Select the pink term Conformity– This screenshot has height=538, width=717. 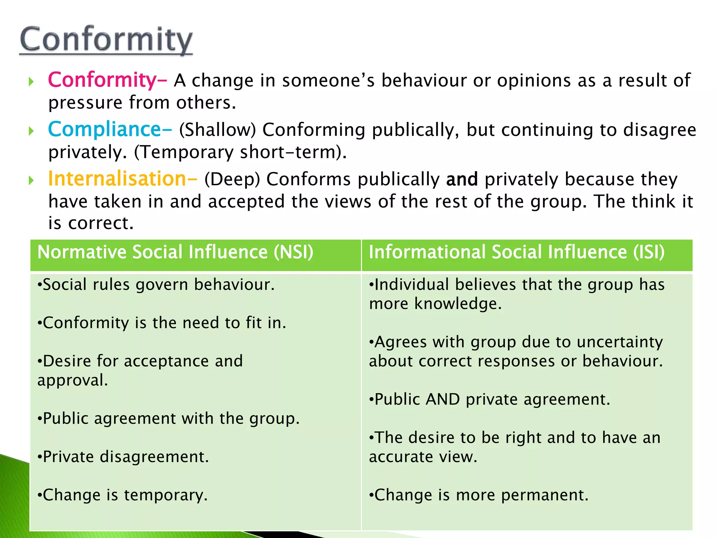[107, 80]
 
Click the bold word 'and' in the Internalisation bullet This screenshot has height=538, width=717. [462, 179]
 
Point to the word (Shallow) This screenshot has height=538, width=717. [218, 130]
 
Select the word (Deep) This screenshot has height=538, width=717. [232, 179]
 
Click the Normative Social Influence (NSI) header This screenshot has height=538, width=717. [175, 252]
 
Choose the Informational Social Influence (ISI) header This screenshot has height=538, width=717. [516, 252]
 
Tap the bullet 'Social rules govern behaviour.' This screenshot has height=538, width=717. [156, 284]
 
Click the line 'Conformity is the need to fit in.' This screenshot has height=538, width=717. [162, 323]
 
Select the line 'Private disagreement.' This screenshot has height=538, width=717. [123, 457]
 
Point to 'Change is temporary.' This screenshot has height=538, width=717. [123, 495]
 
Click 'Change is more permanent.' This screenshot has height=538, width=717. [479, 495]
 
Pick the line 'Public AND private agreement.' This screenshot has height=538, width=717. [489, 399]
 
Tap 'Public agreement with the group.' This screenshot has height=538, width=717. [168, 419]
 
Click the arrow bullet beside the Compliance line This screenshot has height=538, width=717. [32, 131]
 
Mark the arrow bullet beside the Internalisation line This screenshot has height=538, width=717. [32, 181]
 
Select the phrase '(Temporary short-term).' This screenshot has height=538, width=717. [241, 152]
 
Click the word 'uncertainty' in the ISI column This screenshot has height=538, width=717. [620, 342]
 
